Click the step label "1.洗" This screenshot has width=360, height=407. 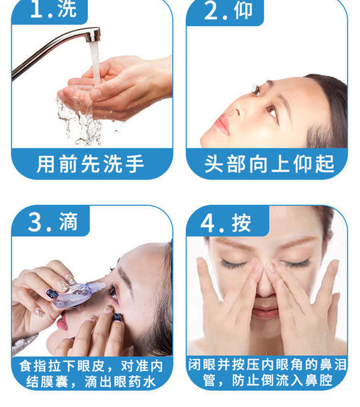click(53, 10)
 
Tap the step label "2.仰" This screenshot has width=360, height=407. click(228, 11)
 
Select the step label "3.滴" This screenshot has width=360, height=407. click(53, 222)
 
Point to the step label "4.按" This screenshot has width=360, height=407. click(226, 223)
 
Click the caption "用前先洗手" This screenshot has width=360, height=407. click(90, 164)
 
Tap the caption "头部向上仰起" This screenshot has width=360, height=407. click(269, 164)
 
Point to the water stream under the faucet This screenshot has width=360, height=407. click(95, 63)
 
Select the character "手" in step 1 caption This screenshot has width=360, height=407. click(134, 164)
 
